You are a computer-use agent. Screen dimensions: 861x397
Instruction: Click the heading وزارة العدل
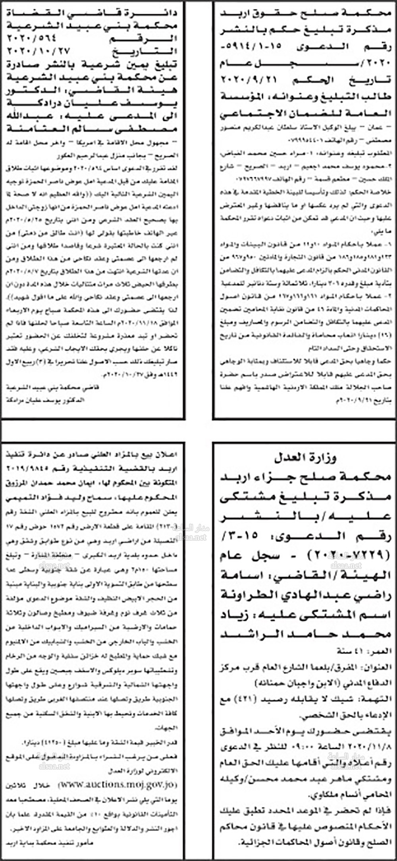coord(305,458)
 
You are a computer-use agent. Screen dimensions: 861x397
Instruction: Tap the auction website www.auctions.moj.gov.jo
coord(118,785)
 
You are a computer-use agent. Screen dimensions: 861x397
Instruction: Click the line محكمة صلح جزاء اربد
coord(305,477)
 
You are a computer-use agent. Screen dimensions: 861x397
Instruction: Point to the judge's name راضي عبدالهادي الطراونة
coord(305,595)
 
